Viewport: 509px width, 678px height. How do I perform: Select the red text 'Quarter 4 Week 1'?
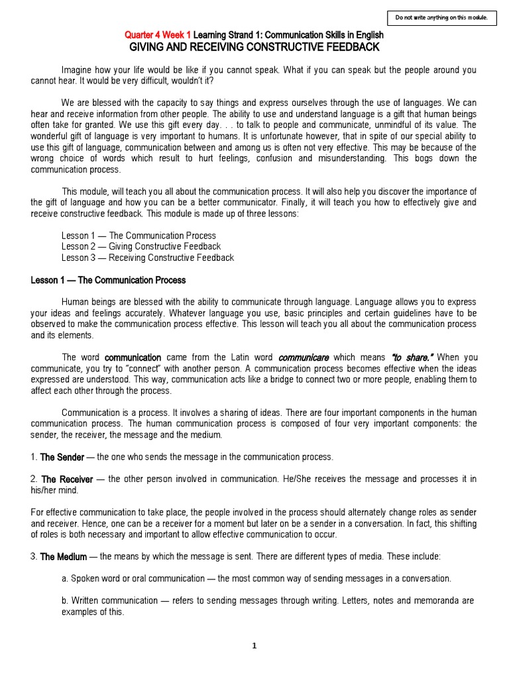point(158,35)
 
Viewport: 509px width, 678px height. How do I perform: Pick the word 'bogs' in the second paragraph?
point(416,158)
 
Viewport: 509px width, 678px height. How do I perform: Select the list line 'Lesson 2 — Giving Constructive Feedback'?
point(141,246)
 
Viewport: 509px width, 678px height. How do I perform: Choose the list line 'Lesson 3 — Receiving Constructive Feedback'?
point(147,258)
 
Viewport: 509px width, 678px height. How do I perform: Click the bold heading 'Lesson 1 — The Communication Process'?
point(108,280)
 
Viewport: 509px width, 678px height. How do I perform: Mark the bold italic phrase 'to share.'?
point(408,358)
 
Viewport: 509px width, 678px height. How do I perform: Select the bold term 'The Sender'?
point(62,458)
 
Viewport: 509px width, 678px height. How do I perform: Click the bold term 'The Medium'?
point(64,557)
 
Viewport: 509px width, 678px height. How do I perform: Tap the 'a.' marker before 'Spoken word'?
point(65,579)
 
